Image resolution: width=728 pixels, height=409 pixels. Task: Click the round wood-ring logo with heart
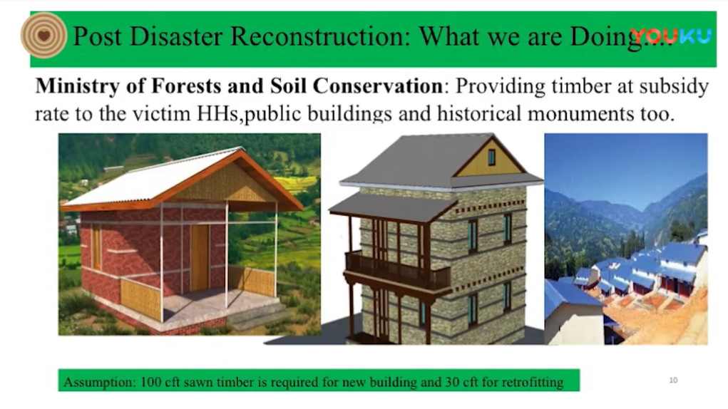[x=43, y=35]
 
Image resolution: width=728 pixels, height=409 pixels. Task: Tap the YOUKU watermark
[x=670, y=36]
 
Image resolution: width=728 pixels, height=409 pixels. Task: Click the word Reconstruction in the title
[x=320, y=36]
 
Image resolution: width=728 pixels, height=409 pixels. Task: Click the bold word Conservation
[x=377, y=86]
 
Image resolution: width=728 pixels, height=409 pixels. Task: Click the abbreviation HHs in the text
[x=217, y=113]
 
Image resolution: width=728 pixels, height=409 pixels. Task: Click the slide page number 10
[x=673, y=380]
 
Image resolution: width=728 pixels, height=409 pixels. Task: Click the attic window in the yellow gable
[x=491, y=157]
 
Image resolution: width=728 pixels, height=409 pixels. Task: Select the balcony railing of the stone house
[x=397, y=271]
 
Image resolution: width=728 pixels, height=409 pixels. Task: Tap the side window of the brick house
[x=96, y=247]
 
